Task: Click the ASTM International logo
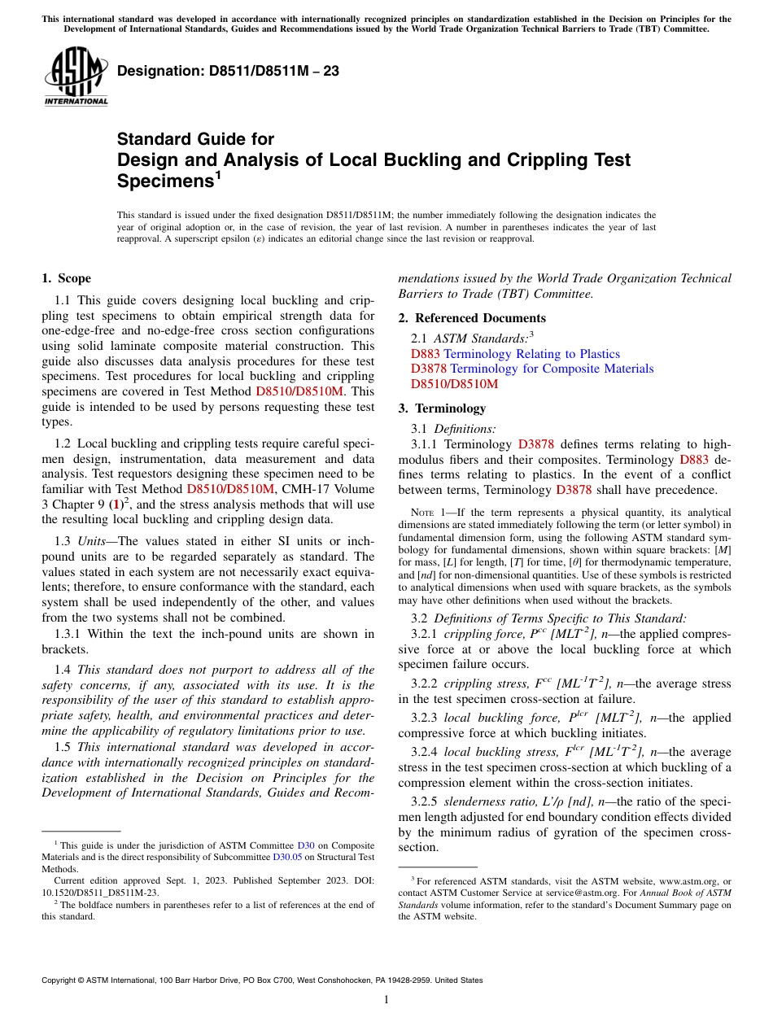pyautogui.click(x=76, y=76)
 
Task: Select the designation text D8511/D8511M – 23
pyautogui.click(x=228, y=72)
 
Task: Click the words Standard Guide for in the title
pyautogui.click(x=195, y=139)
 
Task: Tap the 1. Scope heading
pyautogui.click(x=67, y=278)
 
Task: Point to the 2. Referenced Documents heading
pyautogui.click(x=472, y=318)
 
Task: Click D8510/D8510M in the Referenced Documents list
pyautogui.click(x=454, y=384)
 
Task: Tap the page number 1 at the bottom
pyautogui.click(x=386, y=999)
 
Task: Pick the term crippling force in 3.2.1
pyautogui.click(x=482, y=634)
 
